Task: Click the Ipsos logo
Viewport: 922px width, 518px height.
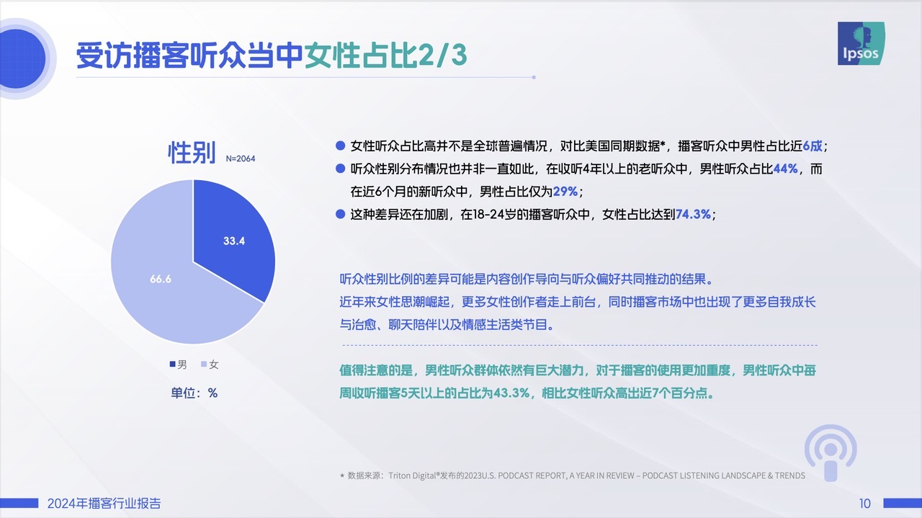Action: (x=861, y=43)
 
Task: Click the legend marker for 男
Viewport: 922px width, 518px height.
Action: (x=172, y=364)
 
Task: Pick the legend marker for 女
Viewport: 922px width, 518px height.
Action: (x=203, y=364)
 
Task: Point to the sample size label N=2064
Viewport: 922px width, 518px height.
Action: (x=241, y=158)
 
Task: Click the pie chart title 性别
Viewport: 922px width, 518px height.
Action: (x=192, y=153)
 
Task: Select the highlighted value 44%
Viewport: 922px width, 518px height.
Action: (x=785, y=169)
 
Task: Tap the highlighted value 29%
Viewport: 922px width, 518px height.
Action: (x=565, y=192)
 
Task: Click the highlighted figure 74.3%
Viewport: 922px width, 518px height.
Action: (x=693, y=214)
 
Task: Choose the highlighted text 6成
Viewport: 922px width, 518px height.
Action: (x=813, y=146)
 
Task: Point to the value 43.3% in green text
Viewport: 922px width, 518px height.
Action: (x=511, y=393)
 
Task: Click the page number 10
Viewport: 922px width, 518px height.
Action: (x=865, y=503)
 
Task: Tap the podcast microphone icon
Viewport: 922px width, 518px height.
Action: (x=831, y=453)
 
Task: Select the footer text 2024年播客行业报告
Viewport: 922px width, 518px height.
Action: (x=104, y=503)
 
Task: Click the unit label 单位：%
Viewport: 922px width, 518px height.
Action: (x=194, y=393)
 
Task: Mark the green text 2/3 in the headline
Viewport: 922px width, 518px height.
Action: (x=442, y=55)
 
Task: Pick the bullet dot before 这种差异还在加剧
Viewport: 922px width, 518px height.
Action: (x=340, y=214)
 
